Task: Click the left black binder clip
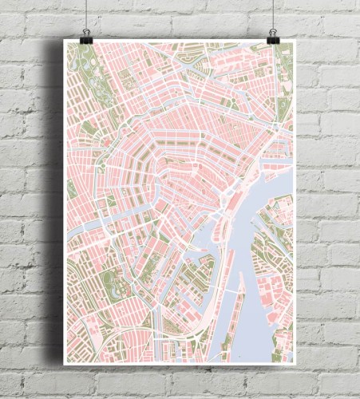tap(85, 35)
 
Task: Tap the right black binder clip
tap(273, 35)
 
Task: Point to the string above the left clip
tap(85, 12)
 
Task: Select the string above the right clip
tap(273, 12)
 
